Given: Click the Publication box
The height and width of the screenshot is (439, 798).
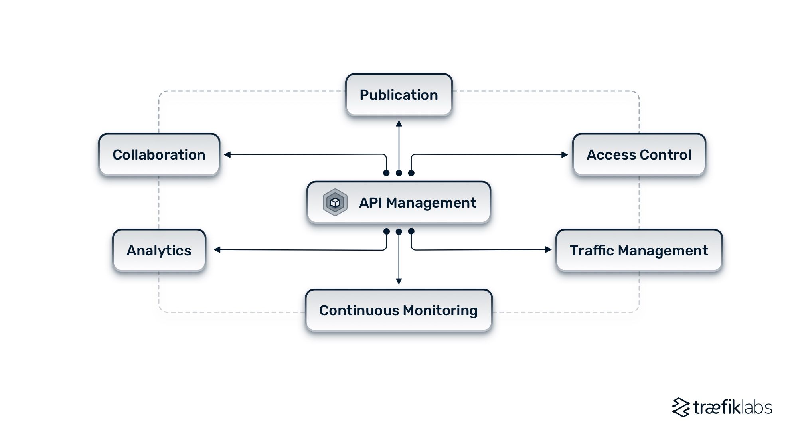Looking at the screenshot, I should click(399, 95).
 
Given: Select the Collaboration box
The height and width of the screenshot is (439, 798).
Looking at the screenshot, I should click(159, 155).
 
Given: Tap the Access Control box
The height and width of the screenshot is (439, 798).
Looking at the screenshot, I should click(639, 155).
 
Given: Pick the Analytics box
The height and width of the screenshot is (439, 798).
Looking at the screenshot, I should click(159, 251).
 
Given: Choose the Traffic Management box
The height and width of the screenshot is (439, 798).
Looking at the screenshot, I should click(639, 251).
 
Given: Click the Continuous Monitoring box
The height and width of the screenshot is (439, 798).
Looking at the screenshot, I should click(399, 310).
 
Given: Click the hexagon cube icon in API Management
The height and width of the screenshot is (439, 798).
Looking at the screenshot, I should click(335, 202).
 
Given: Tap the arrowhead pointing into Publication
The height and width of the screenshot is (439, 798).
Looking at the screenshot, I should click(399, 123).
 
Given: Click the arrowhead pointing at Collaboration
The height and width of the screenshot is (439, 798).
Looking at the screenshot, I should click(227, 155).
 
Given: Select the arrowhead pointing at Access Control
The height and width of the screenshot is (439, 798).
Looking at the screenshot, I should click(565, 155).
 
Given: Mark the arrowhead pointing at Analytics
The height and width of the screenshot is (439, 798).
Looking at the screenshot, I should click(217, 250).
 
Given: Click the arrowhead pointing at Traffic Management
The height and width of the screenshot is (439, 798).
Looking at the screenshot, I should click(549, 249).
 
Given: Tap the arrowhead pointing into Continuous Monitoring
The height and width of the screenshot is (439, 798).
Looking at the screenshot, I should click(399, 281).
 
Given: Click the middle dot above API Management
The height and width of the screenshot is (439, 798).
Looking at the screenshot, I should click(399, 173).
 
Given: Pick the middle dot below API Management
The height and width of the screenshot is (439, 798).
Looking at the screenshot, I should click(399, 231).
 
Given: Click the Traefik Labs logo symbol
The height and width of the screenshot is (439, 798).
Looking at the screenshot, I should click(681, 407).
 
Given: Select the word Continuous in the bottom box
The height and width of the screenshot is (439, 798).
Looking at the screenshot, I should click(359, 310).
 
